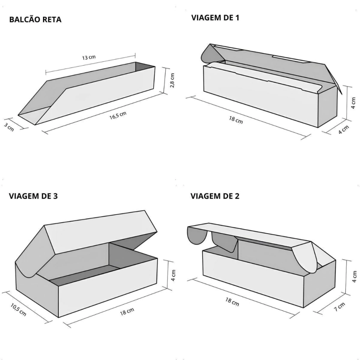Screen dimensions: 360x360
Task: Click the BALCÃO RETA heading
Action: [x=35, y=20]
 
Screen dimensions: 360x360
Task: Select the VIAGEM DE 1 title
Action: [x=215, y=18]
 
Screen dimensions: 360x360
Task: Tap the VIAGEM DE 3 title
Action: [x=33, y=196]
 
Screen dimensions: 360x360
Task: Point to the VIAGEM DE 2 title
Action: [x=215, y=196]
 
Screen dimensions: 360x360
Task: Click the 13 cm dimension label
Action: [x=89, y=57]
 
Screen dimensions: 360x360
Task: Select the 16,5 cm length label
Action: [x=118, y=115]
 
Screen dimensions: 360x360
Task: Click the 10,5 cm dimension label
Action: [x=18, y=309]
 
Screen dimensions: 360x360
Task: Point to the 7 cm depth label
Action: [x=339, y=307]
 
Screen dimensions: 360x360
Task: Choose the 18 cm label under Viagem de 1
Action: [x=236, y=120]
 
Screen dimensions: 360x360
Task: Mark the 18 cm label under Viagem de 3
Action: [x=127, y=311]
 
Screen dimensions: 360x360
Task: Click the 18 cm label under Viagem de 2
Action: [x=232, y=302]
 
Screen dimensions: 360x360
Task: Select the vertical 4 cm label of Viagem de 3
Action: [x=173, y=275]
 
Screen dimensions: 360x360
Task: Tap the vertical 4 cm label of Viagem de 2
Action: [x=354, y=277]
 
